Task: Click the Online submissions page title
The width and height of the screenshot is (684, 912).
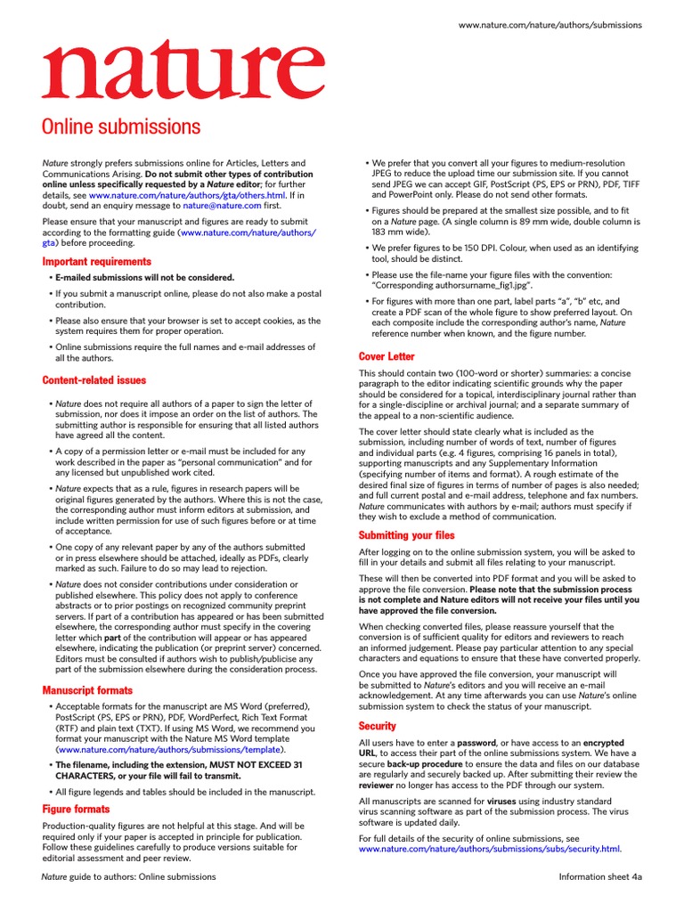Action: [x=121, y=126]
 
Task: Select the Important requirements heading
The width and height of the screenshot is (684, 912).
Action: [x=97, y=262]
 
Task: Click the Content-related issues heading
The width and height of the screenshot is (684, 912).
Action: [x=94, y=380]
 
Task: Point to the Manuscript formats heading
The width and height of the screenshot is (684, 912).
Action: [x=87, y=690]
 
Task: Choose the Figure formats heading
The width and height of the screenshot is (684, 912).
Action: [x=77, y=809]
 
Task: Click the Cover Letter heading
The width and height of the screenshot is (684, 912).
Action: [x=387, y=356]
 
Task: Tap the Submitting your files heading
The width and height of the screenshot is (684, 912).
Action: [x=406, y=535]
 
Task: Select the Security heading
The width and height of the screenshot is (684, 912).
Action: [x=377, y=726]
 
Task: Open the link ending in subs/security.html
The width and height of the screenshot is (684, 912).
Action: [x=489, y=850]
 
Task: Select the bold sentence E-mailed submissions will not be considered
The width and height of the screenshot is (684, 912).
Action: [x=145, y=278]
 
